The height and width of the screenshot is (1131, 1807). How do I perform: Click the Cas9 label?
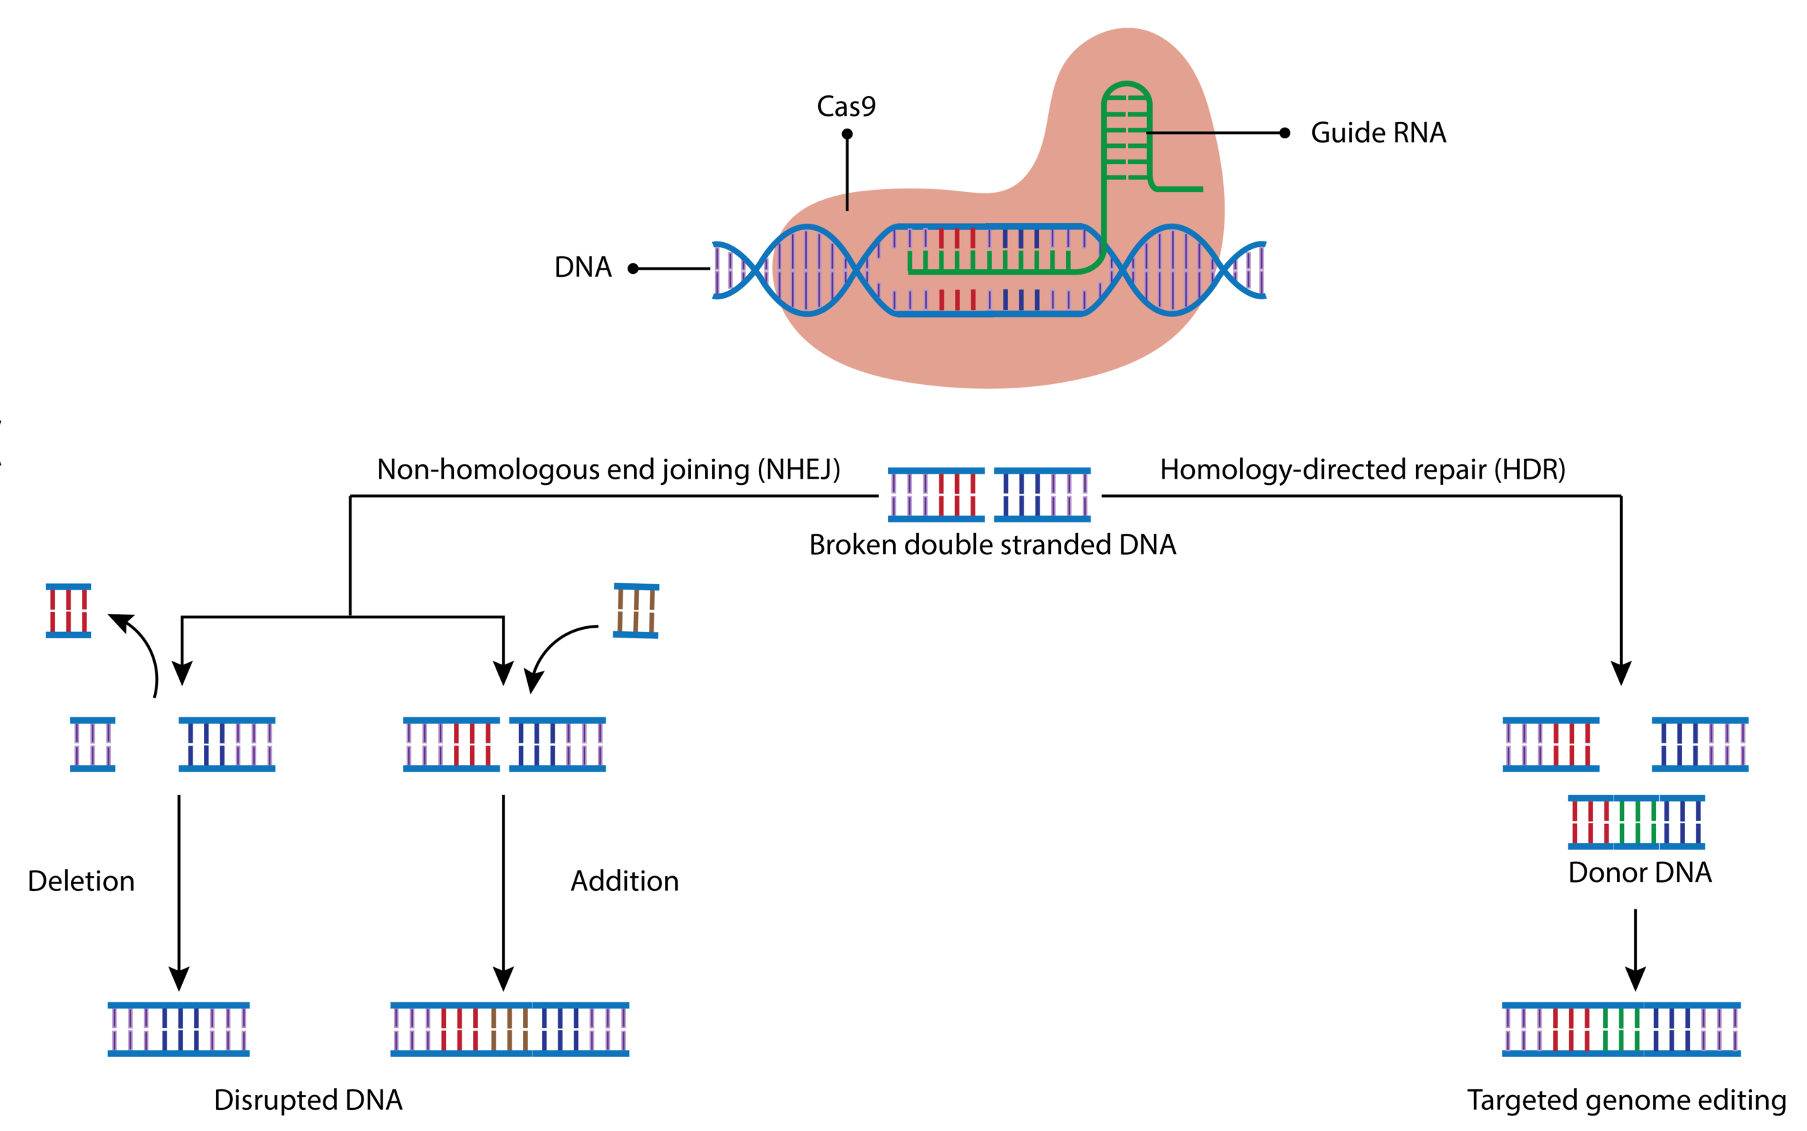846,106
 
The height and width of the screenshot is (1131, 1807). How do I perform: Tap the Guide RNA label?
1378,133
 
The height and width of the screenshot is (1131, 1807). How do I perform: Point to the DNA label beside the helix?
582,267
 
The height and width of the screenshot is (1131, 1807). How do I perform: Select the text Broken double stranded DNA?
992,544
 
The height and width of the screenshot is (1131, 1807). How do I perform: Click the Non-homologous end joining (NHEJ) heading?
608,469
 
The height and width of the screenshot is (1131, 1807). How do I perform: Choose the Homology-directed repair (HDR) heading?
1362,469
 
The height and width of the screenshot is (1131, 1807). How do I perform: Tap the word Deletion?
80,880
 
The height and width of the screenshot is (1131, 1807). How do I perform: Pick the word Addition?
625,880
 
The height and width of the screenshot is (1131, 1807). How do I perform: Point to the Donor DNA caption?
1640,872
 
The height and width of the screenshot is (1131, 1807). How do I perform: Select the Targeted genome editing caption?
1626,1100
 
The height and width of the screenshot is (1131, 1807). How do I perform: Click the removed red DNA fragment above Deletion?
68,611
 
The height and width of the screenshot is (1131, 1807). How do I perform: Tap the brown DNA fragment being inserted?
636,611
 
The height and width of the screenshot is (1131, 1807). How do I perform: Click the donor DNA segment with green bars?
1635,822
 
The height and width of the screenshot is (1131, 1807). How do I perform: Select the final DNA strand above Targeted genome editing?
1621,1029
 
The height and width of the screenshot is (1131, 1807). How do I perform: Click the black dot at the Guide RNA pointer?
1284,133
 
